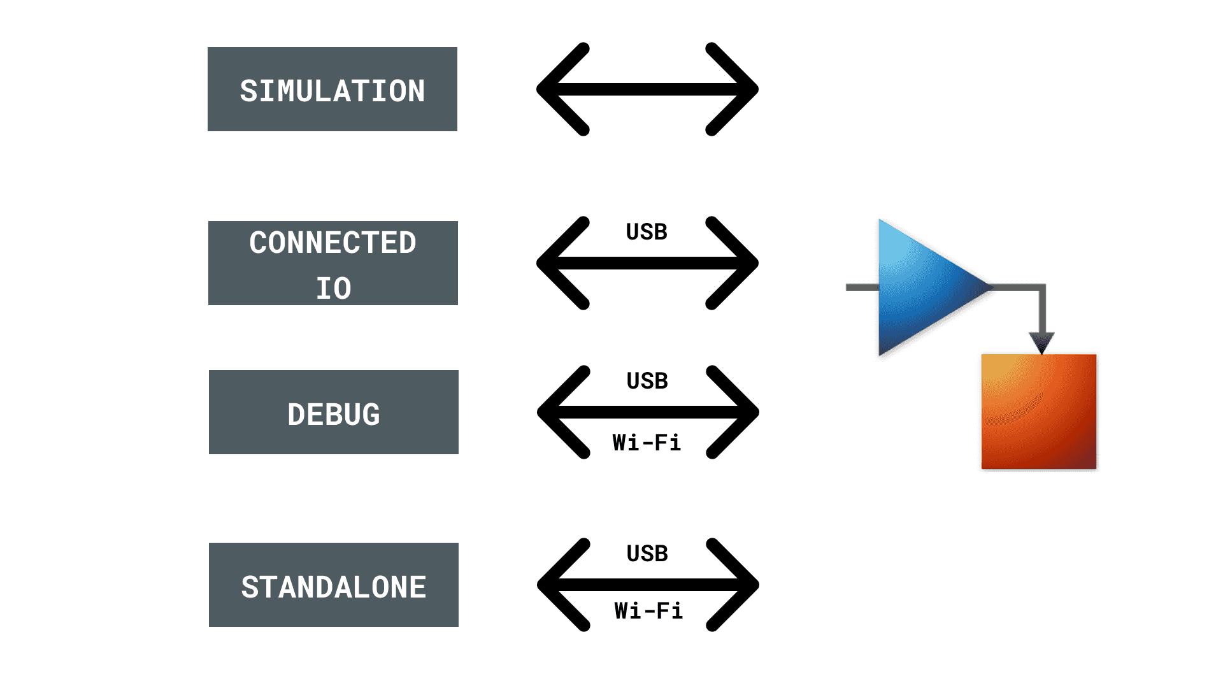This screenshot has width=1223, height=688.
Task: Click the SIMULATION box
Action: point(332,89)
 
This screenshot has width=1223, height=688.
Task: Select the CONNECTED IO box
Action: point(333,263)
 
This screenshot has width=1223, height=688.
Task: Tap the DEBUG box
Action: point(333,412)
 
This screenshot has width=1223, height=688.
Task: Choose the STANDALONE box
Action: point(333,585)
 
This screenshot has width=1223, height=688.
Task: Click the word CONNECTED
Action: point(333,243)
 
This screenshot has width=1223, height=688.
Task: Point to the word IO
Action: point(333,288)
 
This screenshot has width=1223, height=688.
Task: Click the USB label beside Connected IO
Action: point(647,232)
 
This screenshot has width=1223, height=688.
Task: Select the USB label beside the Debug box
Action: point(647,381)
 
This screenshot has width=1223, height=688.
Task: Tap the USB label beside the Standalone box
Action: point(647,554)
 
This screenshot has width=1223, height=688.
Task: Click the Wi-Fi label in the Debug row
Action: point(647,442)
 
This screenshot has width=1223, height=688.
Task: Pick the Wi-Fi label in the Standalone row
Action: point(648,610)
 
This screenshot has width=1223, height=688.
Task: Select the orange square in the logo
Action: point(1039,412)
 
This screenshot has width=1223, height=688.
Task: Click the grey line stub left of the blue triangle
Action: point(862,288)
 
